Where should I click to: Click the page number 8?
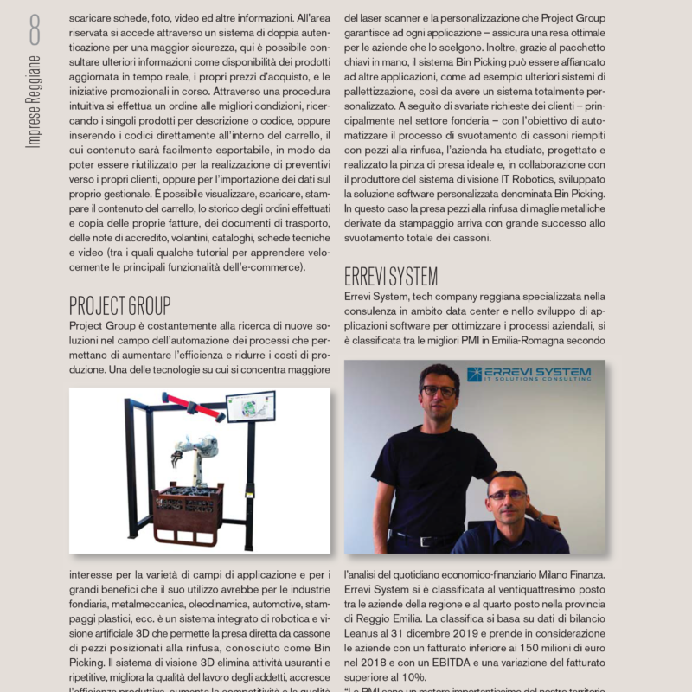click(x=34, y=31)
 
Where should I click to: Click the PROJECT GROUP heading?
click(x=120, y=306)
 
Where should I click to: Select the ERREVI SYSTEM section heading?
click(x=391, y=277)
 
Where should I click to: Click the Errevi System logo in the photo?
click(x=529, y=374)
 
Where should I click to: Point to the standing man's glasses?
click(x=439, y=391)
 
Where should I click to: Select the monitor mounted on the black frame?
click(x=251, y=407)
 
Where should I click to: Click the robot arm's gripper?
click(x=184, y=449)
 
